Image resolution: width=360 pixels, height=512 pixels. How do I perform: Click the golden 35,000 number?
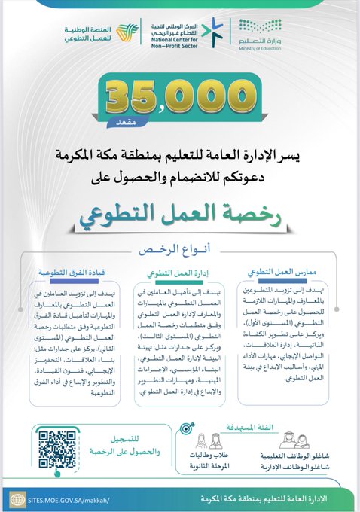(179, 97)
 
